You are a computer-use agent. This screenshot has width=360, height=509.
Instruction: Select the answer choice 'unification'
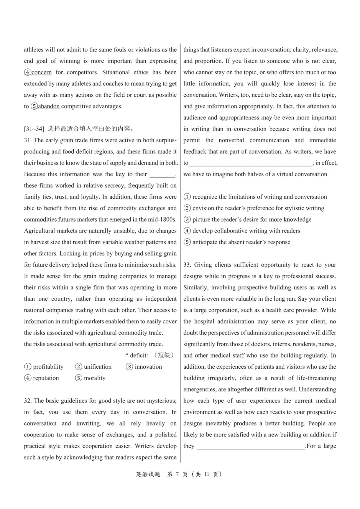(97, 367)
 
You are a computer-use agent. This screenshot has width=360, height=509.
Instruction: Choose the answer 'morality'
(95, 378)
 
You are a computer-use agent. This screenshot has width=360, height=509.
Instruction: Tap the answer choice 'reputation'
(46, 378)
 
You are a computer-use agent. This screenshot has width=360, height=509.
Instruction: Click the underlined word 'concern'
(41, 72)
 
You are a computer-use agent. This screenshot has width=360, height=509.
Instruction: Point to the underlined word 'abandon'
(49, 106)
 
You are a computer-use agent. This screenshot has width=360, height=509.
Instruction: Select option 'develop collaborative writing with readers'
(246, 231)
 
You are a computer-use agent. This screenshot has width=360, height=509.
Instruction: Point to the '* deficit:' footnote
(137, 355)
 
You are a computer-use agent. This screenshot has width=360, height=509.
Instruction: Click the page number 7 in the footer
(177, 474)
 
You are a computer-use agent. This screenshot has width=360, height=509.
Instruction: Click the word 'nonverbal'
(231, 140)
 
